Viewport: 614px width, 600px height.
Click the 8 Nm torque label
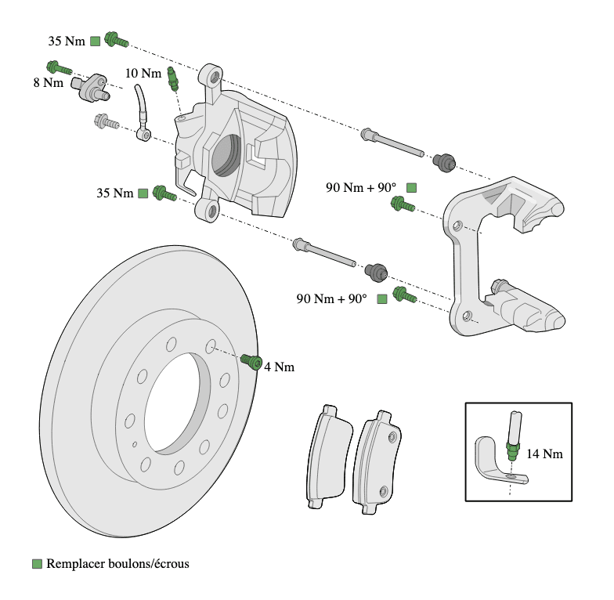[x=48, y=81]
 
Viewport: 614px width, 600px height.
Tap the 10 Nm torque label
[x=143, y=73]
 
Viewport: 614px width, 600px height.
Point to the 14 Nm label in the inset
[x=544, y=453]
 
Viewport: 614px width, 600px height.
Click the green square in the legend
[x=37, y=563]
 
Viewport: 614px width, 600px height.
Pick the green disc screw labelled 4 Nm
[x=252, y=361]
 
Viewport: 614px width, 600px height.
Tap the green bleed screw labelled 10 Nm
[x=173, y=78]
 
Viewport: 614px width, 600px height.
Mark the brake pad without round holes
[x=327, y=454]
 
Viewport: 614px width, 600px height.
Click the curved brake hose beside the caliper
[x=142, y=110]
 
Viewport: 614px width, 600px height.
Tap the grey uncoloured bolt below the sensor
[x=104, y=121]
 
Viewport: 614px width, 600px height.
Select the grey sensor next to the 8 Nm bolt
[x=92, y=87]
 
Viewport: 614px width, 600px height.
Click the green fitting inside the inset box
[x=514, y=451]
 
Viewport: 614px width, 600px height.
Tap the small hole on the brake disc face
[x=135, y=444]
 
